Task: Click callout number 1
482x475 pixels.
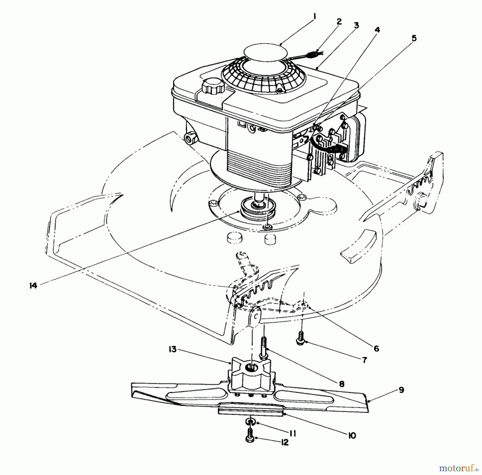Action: point(314,17)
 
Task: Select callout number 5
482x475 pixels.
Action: point(414,38)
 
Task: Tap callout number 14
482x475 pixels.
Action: point(33,286)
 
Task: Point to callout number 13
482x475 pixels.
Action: point(173,349)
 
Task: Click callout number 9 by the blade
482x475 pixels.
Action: point(401,390)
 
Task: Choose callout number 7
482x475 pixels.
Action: point(364,360)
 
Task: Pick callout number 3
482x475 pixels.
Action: point(356,25)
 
